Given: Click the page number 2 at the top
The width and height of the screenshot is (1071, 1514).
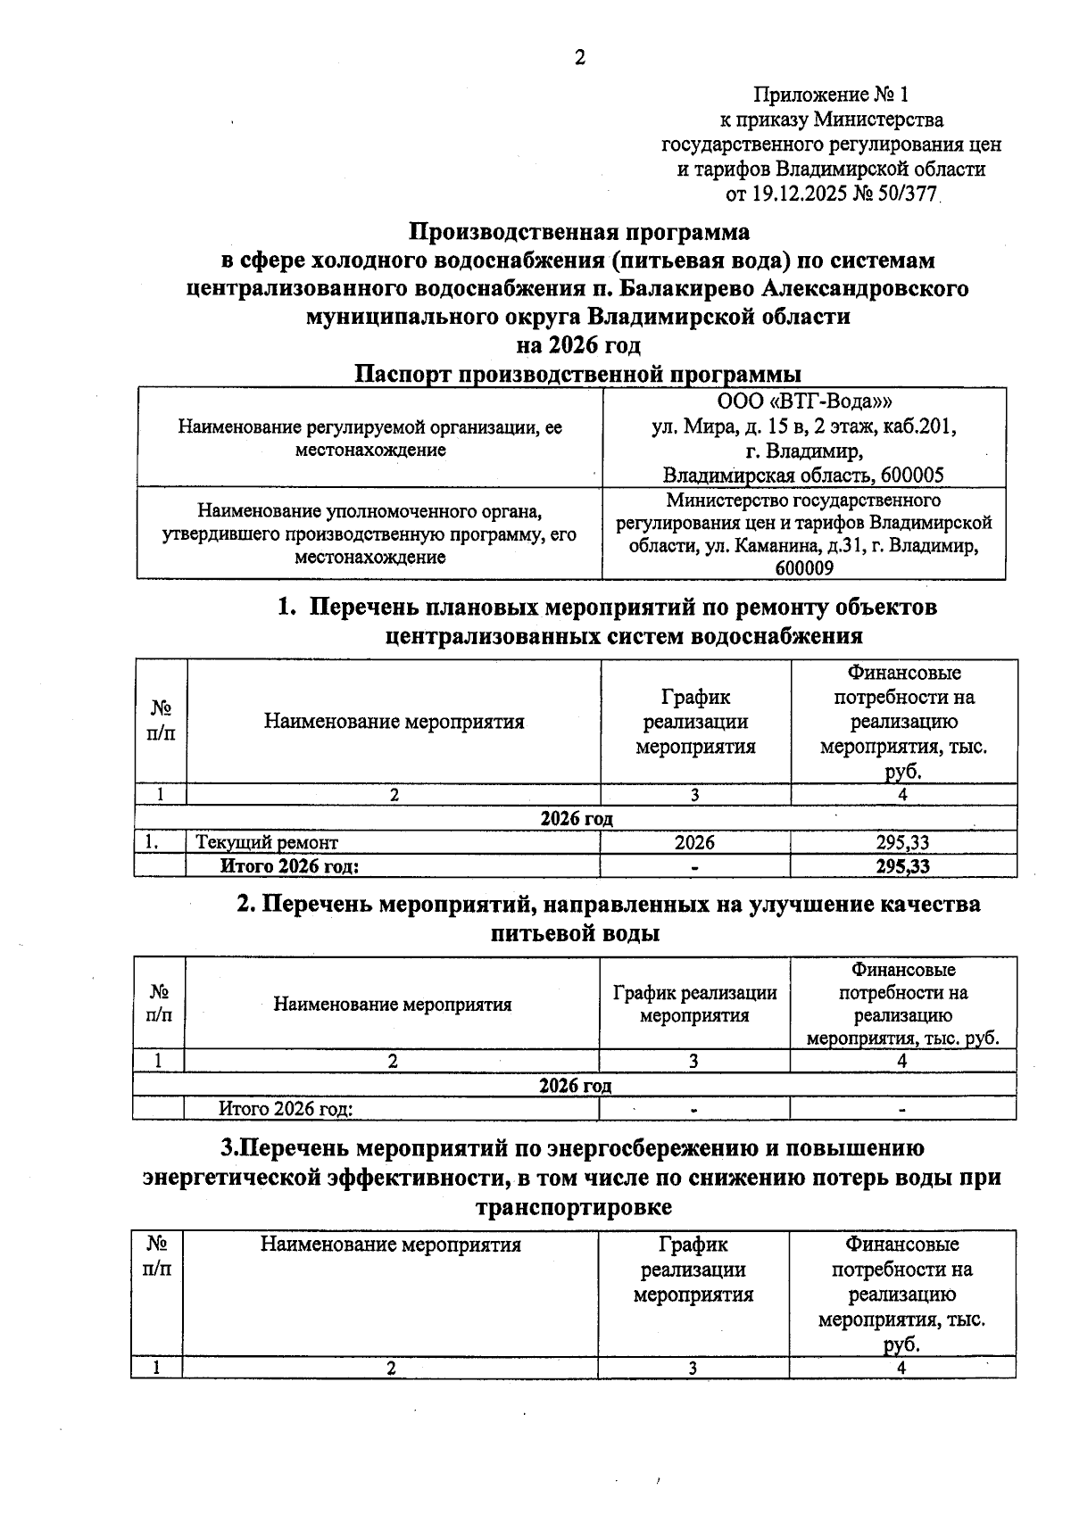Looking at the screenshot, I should (x=579, y=58).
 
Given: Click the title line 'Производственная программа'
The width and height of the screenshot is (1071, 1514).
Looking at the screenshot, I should (x=579, y=232).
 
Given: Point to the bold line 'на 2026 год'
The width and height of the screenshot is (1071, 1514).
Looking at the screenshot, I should (x=579, y=344).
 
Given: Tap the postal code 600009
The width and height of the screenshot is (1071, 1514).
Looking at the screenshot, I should (x=804, y=568).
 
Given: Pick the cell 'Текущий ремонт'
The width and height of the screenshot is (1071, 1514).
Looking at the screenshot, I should (x=267, y=842).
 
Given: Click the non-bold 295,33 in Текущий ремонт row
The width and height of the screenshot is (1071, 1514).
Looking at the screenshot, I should (x=902, y=842).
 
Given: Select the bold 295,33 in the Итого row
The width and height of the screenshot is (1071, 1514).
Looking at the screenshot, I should (x=902, y=866).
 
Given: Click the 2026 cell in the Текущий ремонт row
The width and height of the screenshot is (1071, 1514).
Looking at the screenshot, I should (x=694, y=842).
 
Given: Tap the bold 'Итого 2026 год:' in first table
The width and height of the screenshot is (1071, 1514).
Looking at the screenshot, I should (x=290, y=866).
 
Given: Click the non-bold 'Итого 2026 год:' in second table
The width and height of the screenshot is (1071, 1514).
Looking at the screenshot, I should (x=286, y=1109).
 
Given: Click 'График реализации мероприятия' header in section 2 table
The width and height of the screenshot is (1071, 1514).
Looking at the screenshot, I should (x=694, y=1004).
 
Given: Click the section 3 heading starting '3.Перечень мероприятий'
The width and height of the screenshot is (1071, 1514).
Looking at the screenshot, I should (x=572, y=1147).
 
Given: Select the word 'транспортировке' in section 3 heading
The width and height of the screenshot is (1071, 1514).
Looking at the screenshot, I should (x=574, y=1207).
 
